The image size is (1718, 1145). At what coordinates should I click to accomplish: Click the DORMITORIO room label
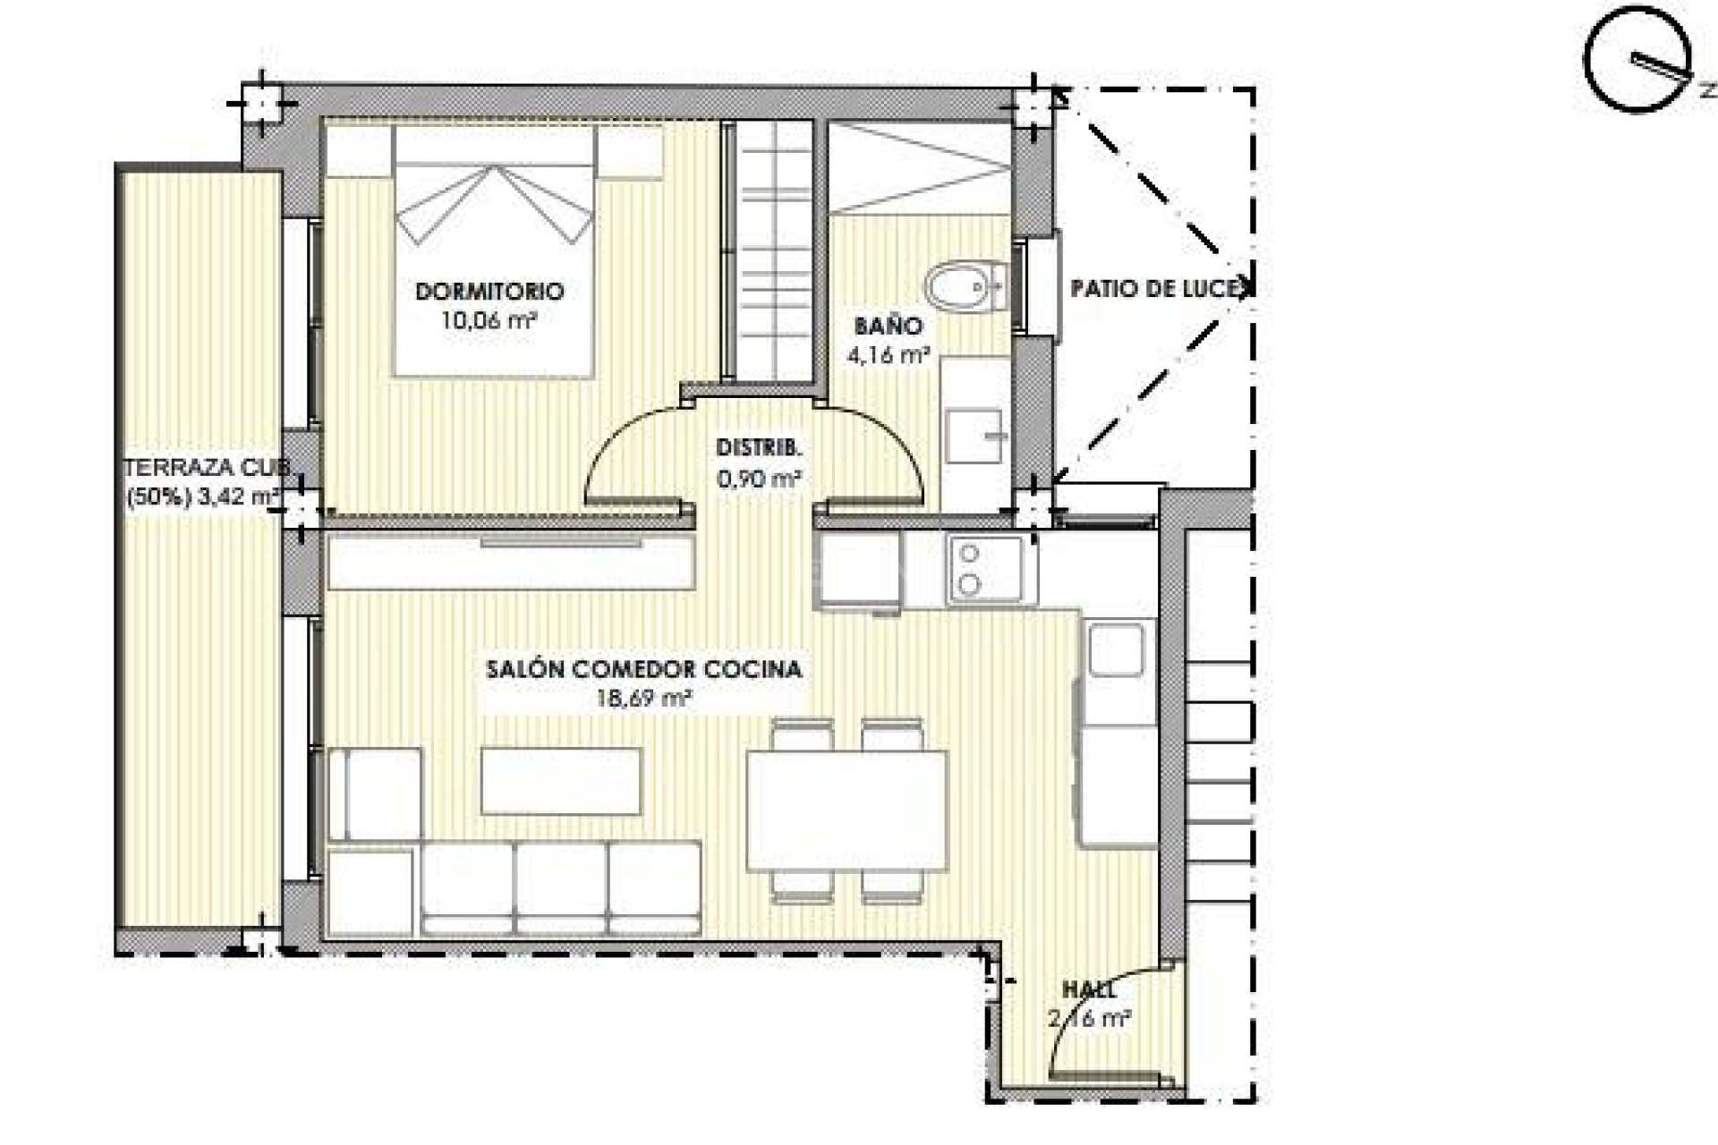tap(489, 291)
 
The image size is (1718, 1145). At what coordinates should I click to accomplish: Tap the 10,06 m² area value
tap(488, 320)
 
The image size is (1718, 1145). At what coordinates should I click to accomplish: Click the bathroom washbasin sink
tap(975, 436)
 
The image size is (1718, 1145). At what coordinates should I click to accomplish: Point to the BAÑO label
tap(887, 326)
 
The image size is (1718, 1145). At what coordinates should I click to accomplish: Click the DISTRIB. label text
tap(759, 448)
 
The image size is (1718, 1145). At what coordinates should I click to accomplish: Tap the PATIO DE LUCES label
tap(1159, 288)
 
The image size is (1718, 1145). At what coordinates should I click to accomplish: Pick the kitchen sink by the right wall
tap(1116, 649)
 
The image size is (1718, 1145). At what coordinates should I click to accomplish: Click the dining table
tap(846, 810)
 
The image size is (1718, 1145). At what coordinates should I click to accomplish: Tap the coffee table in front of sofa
tap(561, 781)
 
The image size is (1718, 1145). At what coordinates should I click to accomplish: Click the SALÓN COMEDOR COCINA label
tap(643, 669)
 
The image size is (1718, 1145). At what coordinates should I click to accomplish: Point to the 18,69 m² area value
tap(643, 699)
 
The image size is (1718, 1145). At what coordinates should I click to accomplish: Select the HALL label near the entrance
tap(1089, 990)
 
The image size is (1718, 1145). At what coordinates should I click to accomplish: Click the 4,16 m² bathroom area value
tap(887, 355)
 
